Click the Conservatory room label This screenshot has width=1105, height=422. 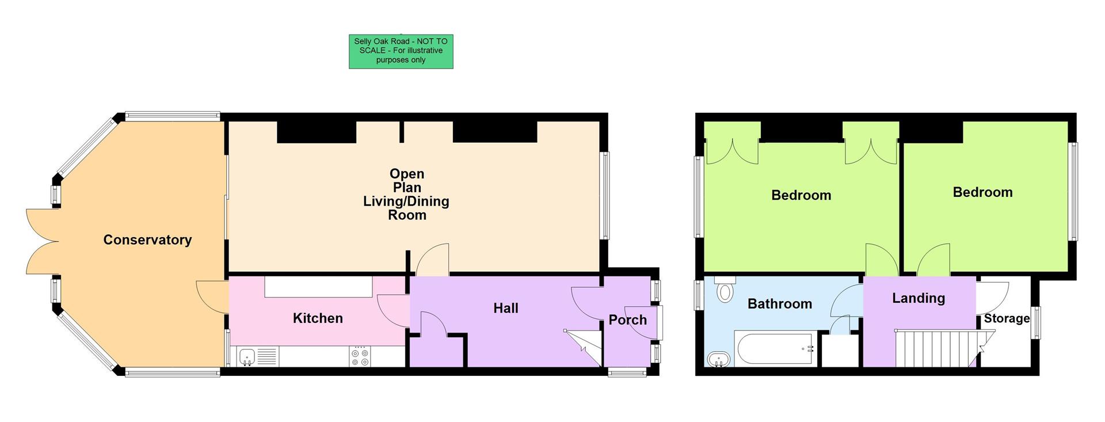pos(147,240)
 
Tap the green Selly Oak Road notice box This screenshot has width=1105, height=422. pos(401,51)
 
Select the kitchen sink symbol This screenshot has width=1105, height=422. pos(247,357)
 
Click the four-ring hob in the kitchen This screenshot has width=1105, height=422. pos(360,356)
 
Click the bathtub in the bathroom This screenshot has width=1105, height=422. pos(774,348)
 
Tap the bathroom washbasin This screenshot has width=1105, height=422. pos(718,360)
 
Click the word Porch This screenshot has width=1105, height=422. pos(627,320)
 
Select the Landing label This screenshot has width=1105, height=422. pos(918,298)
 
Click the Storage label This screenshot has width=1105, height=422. pos(1007,318)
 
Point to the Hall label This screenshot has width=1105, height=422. pos(505,309)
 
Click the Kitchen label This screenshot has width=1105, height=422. pos(318,318)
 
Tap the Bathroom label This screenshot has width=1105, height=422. pos(779,304)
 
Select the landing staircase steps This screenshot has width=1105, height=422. pos(935,348)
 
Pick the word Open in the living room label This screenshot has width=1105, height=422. pos(406,174)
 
